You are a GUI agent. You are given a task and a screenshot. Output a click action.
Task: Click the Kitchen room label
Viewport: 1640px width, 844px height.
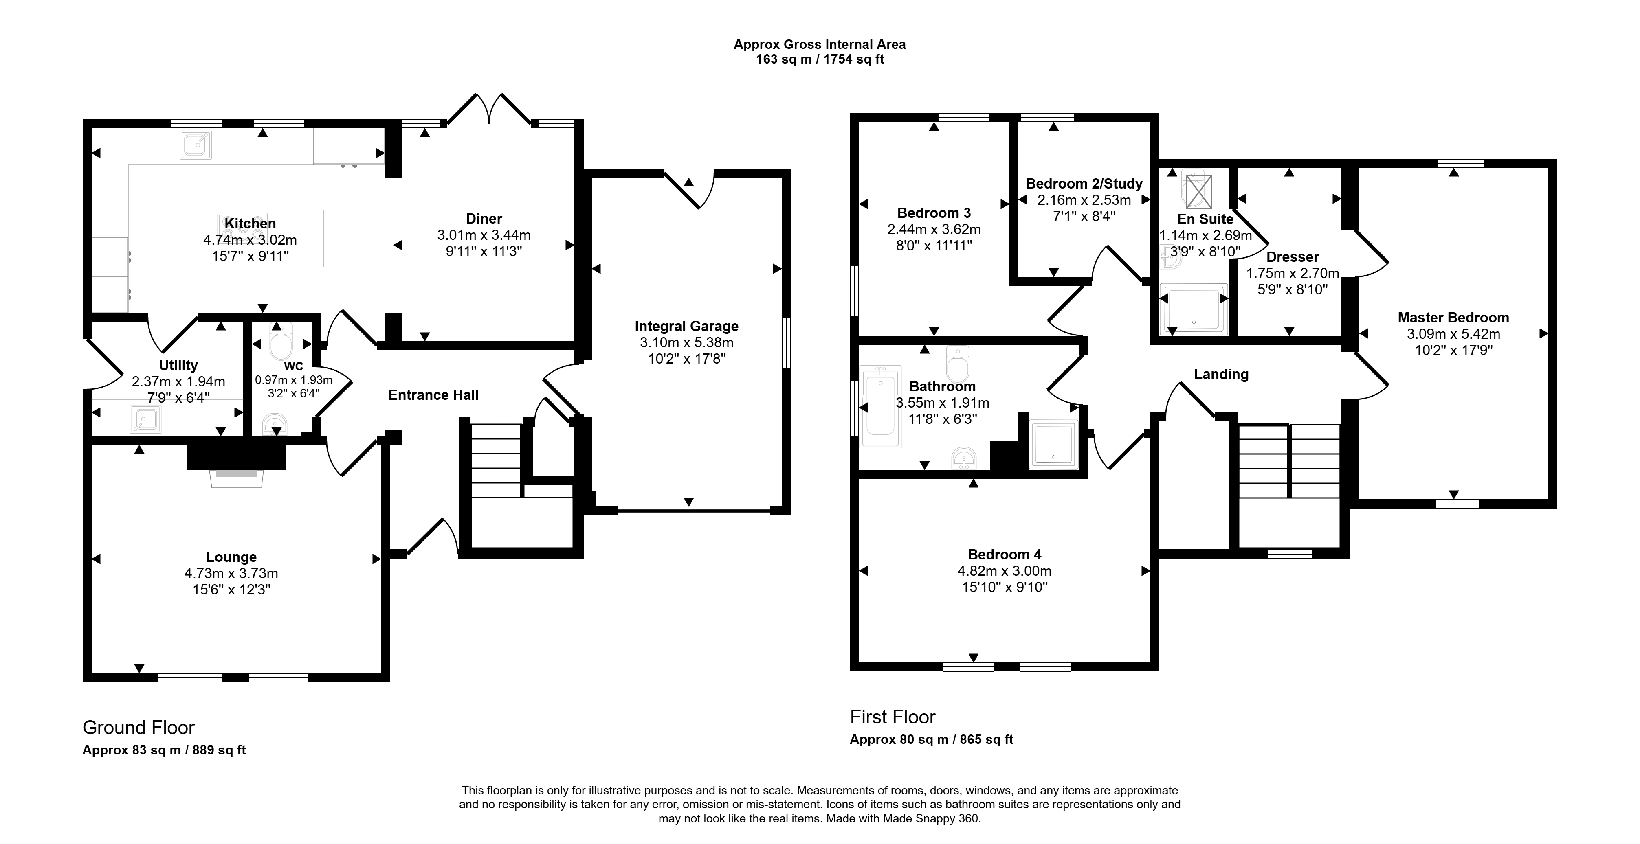click(x=250, y=224)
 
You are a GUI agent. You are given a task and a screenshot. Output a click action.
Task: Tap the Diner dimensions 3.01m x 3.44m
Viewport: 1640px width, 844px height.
click(x=484, y=235)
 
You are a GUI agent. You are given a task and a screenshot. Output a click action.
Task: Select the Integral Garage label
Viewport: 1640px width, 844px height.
click(x=686, y=326)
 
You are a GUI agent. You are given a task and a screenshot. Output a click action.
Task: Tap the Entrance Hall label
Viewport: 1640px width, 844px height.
click(x=433, y=395)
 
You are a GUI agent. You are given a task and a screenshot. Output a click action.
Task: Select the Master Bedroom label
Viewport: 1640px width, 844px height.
click(x=1453, y=317)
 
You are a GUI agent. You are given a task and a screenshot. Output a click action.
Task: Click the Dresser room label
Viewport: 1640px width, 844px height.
click(x=1293, y=257)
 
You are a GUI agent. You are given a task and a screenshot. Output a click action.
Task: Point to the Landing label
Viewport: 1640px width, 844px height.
click(x=1221, y=374)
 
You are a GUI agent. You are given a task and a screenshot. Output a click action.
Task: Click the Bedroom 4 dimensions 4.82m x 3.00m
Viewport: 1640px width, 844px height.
click(x=1005, y=571)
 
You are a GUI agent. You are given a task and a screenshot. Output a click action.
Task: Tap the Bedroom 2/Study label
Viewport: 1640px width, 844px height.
click(x=1084, y=183)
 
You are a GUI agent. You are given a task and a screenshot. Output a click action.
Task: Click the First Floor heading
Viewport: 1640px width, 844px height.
click(x=893, y=717)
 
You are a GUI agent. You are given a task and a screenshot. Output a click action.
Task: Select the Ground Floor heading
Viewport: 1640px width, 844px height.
click(x=139, y=728)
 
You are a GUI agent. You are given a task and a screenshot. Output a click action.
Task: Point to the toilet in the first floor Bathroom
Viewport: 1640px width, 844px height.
click(x=958, y=363)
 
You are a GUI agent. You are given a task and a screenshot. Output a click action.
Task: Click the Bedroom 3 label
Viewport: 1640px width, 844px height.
click(x=934, y=213)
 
